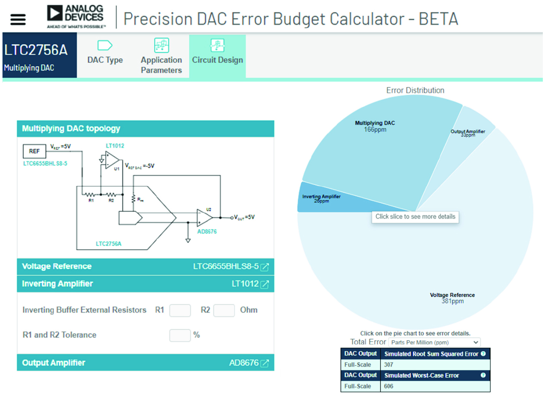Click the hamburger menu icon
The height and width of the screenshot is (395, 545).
click(18, 19)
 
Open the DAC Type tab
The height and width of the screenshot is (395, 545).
click(105, 54)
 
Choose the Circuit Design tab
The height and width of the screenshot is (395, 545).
click(217, 54)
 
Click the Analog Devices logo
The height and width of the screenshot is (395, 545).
click(76, 16)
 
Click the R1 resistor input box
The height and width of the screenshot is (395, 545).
click(180, 310)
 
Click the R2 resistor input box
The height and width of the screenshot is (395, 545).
click(224, 310)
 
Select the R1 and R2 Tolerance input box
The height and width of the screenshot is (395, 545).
click(180, 335)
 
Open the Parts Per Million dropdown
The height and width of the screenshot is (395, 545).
click(435, 342)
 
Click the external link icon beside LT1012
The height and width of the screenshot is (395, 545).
click(265, 285)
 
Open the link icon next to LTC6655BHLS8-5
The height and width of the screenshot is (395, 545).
click(265, 267)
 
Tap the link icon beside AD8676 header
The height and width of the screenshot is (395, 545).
click(265, 363)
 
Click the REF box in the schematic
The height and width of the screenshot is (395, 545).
click(34, 151)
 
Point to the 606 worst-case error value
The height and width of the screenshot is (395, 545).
click(389, 386)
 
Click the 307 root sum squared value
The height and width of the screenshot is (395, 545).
click(389, 365)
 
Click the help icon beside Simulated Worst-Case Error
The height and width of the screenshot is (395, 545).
click(483, 376)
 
